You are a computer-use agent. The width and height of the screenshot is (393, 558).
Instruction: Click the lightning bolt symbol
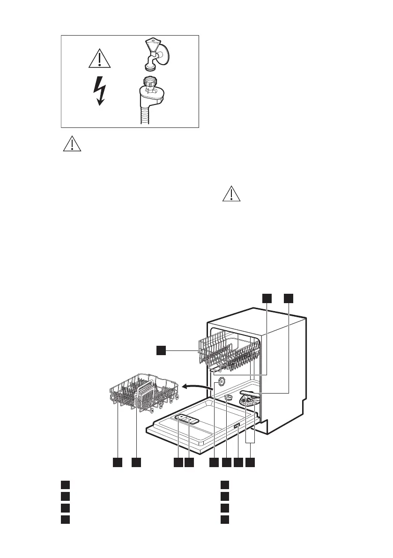(99, 91)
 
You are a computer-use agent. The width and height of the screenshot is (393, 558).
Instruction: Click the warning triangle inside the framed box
(99, 59)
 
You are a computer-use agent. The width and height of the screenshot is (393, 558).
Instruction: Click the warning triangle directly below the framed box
(72, 144)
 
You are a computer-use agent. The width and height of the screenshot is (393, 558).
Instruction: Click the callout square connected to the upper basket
(161, 350)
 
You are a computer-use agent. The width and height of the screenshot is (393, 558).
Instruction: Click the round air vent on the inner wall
(221, 382)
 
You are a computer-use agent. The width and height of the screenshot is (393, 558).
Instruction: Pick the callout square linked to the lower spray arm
(289, 298)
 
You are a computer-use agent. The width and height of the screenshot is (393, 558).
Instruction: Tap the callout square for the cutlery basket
(136, 462)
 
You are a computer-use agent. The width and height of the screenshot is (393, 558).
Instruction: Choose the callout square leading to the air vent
(214, 462)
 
